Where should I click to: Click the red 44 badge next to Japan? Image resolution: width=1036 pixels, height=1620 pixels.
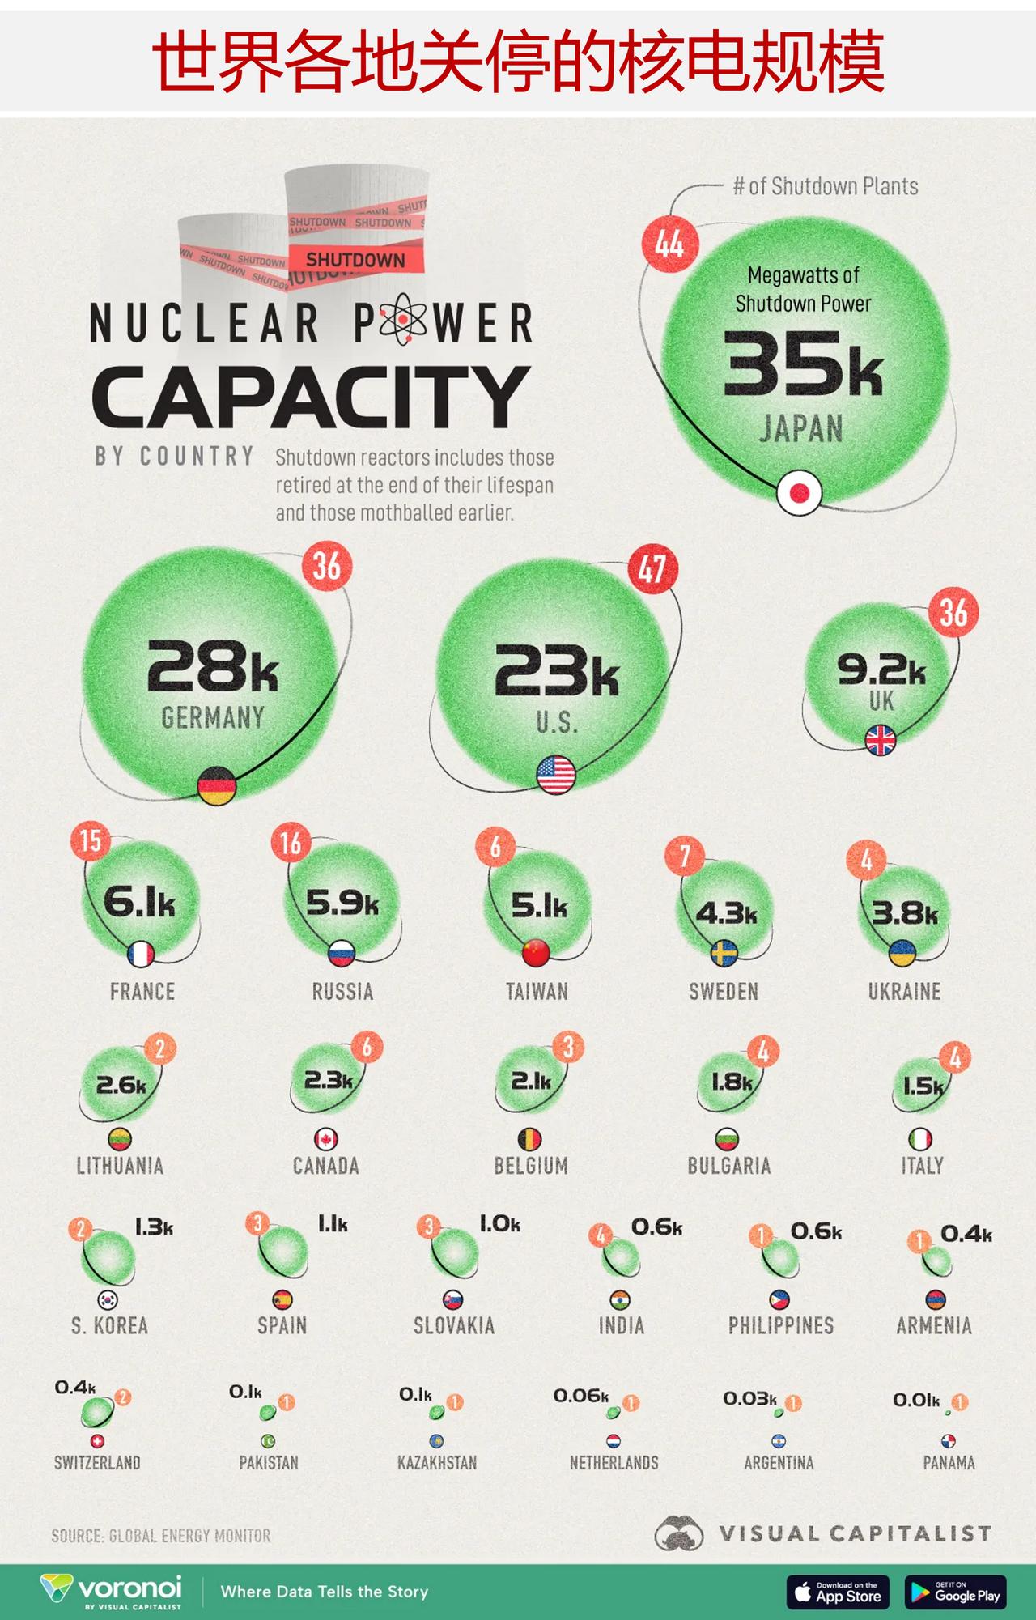click(670, 243)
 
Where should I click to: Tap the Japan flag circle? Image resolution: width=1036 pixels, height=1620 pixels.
click(800, 492)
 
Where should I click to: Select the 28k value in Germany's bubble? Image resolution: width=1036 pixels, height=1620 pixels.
click(212, 665)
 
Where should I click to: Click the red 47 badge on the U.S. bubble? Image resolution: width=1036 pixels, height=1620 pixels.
click(652, 569)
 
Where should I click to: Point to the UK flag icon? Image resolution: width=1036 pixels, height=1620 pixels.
click(881, 740)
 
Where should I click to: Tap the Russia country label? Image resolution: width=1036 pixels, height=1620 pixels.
click(342, 992)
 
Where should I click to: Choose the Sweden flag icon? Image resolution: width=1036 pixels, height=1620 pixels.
click(724, 953)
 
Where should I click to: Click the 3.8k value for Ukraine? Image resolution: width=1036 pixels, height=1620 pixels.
click(905, 913)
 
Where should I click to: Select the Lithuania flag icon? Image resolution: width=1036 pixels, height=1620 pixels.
click(120, 1139)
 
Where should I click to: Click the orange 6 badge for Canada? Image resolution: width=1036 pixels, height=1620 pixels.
click(367, 1048)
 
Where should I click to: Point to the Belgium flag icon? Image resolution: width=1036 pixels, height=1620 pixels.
click(529, 1139)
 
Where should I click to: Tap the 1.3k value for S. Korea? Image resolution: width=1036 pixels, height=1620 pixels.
click(154, 1228)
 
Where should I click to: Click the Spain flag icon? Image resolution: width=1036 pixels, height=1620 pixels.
click(282, 1299)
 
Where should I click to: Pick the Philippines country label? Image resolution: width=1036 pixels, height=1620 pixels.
click(780, 1326)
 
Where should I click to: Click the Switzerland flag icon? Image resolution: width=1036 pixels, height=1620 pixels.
click(97, 1441)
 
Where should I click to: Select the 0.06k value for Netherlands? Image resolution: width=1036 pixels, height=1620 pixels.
click(580, 1396)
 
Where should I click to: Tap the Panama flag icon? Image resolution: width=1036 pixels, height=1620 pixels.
click(949, 1441)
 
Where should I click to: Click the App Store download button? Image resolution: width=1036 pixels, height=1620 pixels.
click(838, 1592)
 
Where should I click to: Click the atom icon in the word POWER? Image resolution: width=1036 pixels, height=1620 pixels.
click(402, 321)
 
